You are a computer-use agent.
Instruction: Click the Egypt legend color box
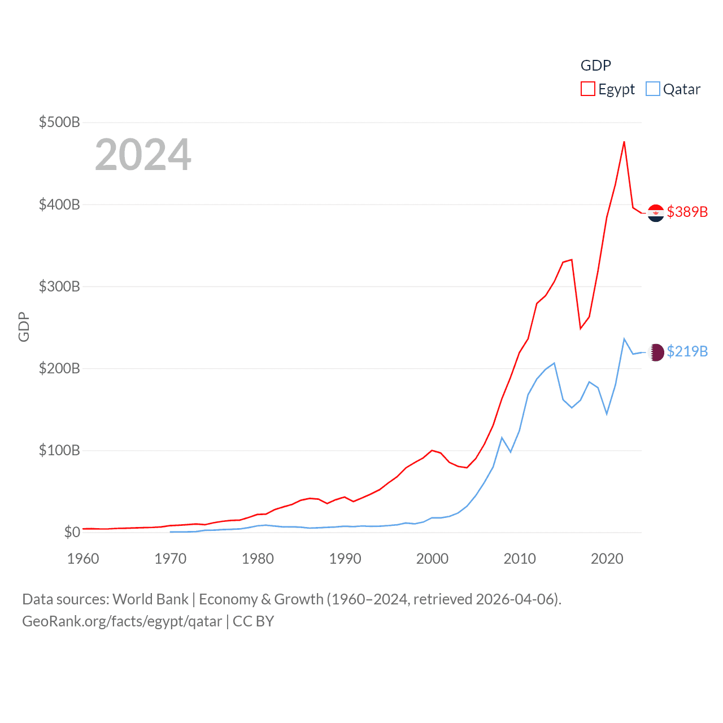click(x=588, y=89)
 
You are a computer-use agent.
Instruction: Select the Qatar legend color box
click(x=653, y=89)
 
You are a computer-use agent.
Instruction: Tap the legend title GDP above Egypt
click(x=595, y=66)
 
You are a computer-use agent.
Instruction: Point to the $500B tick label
click(x=59, y=122)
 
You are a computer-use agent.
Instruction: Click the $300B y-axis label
click(x=59, y=286)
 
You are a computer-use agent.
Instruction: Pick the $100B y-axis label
click(x=59, y=450)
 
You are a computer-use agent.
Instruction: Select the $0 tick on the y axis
click(x=72, y=532)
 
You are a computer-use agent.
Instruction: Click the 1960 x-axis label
click(x=83, y=559)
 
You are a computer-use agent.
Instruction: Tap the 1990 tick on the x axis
click(x=345, y=559)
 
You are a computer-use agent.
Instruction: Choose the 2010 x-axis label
click(x=520, y=559)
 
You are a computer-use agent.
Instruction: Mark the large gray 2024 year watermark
click(x=143, y=155)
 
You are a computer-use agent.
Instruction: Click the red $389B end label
click(x=687, y=212)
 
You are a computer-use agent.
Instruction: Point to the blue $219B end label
click(x=687, y=351)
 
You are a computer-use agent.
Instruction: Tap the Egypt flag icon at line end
click(x=656, y=213)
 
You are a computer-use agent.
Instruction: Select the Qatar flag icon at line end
click(x=656, y=352)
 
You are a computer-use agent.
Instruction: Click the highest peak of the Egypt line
click(x=624, y=142)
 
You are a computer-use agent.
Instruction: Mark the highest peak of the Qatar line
click(x=624, y=339)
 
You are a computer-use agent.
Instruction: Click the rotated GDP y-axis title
click(x=24, y=327)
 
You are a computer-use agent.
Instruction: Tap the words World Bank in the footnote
click(x=151, y=599)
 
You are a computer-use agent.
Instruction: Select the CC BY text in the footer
click(x=253, y=621)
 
